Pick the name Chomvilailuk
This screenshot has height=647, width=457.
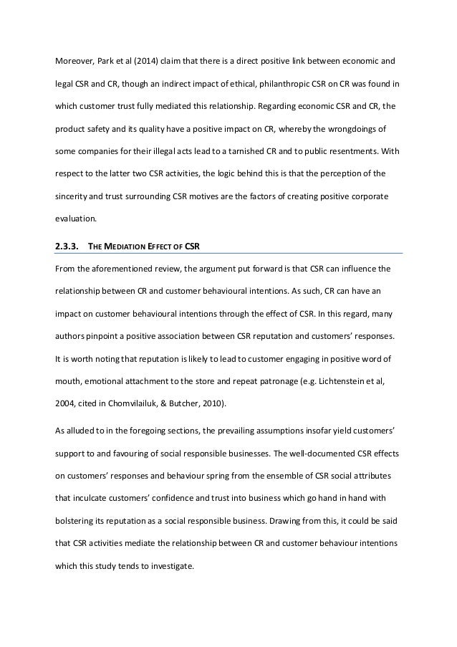pos(138,383)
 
